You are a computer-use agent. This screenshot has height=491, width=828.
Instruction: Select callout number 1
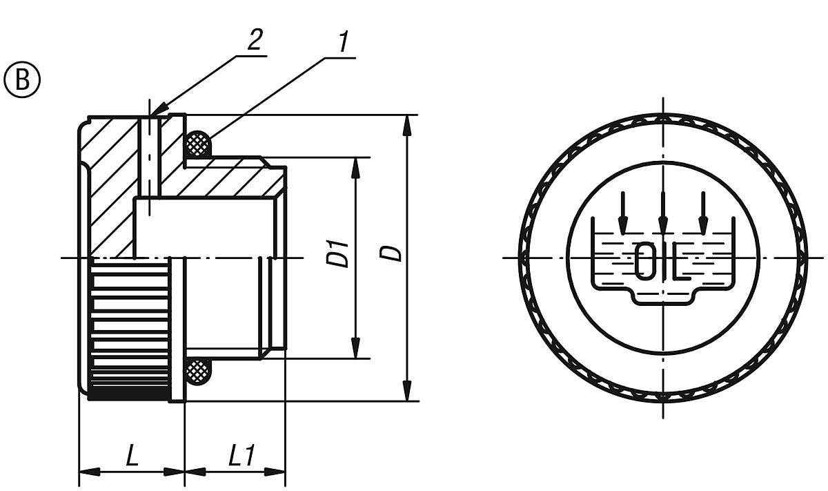tap(342, 44)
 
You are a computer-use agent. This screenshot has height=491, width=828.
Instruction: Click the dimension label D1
tap(337, 254)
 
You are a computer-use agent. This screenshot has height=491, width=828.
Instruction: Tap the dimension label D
tap(393, 253)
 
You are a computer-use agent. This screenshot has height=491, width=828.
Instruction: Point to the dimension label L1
tap(242, 456)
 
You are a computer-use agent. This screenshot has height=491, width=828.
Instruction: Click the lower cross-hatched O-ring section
tap(198, 372)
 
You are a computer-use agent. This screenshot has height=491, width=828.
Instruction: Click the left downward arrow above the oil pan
tap(623, 214)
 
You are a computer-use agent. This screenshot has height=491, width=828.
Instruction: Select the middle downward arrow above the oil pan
tap(663, 214)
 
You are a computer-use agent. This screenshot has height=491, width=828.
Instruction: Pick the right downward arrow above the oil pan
tap(703, 214)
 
